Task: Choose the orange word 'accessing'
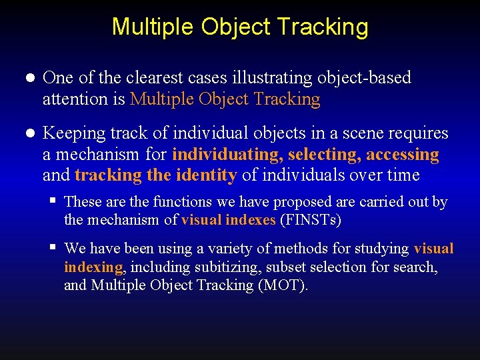[402, 155]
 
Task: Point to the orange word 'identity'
[206, 176]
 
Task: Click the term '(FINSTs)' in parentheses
[311, 219]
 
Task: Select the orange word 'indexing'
[93, 267]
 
